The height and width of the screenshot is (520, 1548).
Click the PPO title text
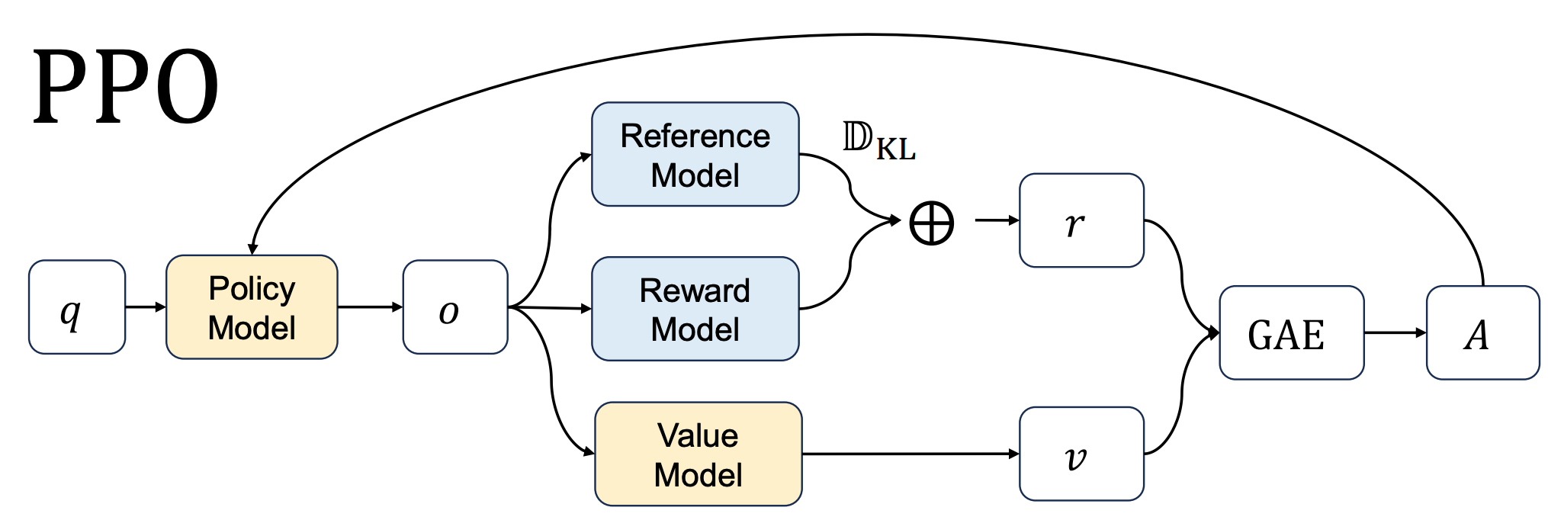pos(126,88)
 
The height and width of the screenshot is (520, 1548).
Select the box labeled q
pos(77,307)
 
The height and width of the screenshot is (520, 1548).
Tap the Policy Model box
pos(252,307)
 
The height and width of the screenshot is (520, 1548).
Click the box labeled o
pos(455,307)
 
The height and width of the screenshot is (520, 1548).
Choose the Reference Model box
pos(695,155)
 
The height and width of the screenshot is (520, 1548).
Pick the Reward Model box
pos(695,309)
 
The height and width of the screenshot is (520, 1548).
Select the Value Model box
pos(698,454)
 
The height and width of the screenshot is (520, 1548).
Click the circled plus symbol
pos(931,223)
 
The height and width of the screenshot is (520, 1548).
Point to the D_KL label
pos(878,142)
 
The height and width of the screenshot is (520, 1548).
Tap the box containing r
pos(1081,221)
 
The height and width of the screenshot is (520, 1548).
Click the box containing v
pos(1081,454)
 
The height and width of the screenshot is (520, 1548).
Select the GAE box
pos(1291,333)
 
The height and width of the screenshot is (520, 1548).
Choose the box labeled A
pos(1482,333)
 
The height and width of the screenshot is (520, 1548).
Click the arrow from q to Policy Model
pos(145,307)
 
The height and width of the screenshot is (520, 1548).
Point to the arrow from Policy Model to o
pos(370,307)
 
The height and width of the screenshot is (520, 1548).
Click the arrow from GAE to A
pos(1395,333)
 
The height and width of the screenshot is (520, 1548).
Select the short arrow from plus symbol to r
pos(997,221)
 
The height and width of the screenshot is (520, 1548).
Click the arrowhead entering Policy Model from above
pos(252,248)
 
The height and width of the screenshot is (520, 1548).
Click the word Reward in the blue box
pos(695,290)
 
